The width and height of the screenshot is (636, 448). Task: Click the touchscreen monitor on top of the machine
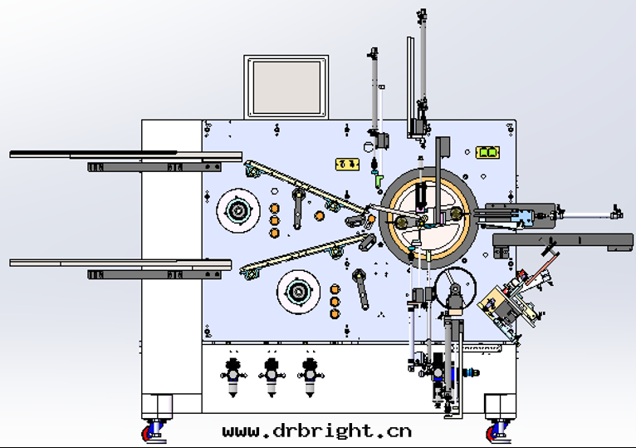pyautogui.click(x=286, y=87)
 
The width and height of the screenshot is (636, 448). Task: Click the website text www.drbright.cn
pyautogui.click(x=317, y=431)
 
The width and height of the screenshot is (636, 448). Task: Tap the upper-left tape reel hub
pyautogui.click(x=237, y=210)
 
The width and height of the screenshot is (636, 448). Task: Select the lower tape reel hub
pyautogui.click(x=299, y=292)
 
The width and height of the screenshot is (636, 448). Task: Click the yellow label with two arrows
pyautogui.click(x=347, y=164)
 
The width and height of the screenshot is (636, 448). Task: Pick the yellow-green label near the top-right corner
pyautogui.click(x=487, y=153)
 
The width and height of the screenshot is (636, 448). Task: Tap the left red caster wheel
pyautogui.click(x=152, y=432)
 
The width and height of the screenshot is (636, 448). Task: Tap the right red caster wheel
pyautogui.click(x=496, y=432)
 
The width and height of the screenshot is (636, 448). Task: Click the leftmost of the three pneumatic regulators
pyautogui.click(x=232, y=376)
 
